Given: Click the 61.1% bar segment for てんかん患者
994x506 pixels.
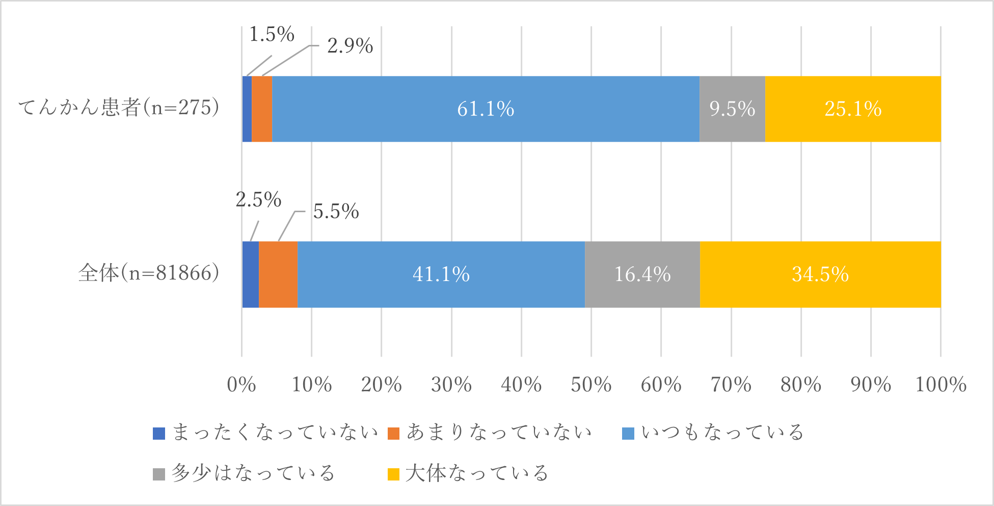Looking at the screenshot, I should (485, 109).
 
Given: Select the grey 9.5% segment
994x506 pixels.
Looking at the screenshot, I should (732, 109).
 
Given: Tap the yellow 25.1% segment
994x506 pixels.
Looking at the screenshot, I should (853, 109).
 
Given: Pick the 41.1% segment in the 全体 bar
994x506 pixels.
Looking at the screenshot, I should (441, 274).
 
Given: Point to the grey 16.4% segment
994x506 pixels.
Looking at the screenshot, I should (642, 274).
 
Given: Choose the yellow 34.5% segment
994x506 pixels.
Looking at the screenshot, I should (820, 274).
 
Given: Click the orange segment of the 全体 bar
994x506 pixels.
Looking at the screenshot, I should (278, 274).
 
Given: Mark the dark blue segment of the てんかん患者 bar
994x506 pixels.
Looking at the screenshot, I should (247, 109).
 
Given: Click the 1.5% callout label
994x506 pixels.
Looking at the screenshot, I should (272, 35).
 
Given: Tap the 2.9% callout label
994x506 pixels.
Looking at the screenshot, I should (350, 46).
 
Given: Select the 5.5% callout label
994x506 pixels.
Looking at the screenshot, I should (336, 211).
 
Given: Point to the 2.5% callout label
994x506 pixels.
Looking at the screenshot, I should (258, 199).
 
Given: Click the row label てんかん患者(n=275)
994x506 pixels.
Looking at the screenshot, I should (119, 108).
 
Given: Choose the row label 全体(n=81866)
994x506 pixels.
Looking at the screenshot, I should (149, 273).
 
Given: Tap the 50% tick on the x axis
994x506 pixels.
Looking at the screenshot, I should (591, 385).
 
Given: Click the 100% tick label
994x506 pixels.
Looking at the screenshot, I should (941, 385).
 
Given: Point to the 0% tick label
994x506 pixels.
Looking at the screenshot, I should (241, 385).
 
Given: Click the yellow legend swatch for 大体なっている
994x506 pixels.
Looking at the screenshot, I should (393, 474).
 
